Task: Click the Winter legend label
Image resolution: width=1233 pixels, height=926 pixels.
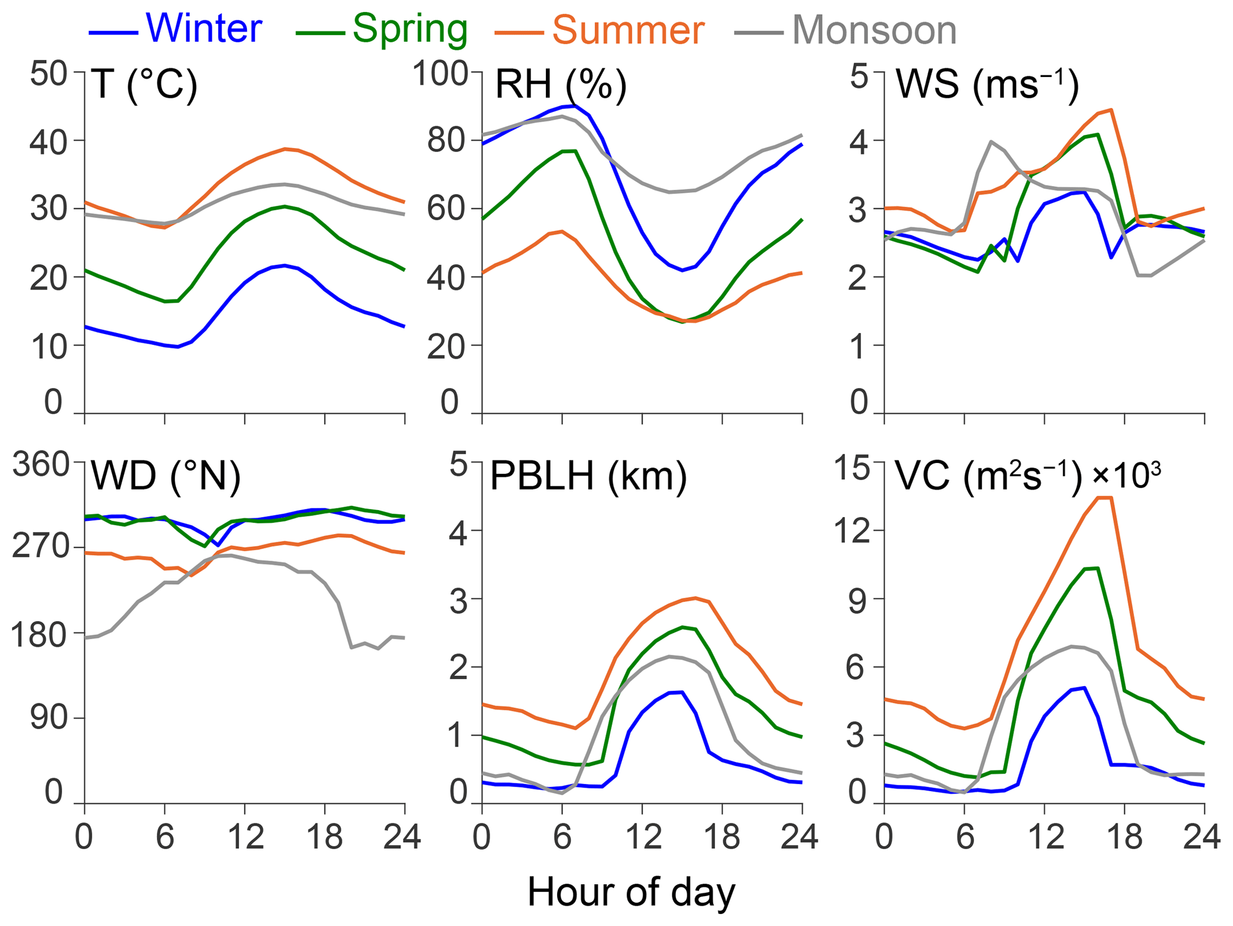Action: (x=203, y=28)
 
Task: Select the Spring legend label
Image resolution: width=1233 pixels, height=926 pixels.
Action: (x=410, y=28)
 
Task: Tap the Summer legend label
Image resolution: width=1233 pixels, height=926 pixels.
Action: (x=628, y=30)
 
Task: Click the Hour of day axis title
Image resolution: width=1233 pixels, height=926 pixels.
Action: (x=631, y=893)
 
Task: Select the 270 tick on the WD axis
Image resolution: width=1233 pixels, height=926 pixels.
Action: (x=41, y=548)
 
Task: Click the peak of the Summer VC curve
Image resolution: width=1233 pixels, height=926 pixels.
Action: (x=1105, y=498)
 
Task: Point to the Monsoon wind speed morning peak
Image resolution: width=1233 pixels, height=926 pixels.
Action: (x=991, y=142)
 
